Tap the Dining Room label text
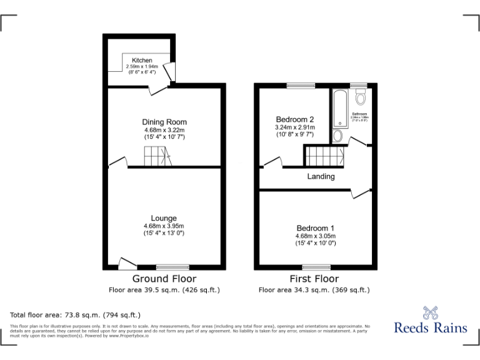pos(164,122)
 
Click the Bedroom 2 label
pos(294,119)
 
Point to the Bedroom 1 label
pos(316,228)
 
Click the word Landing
pos(321,176)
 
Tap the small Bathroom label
pos(359,113)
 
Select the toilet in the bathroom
pos(360,97)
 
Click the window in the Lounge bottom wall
pos(172,267)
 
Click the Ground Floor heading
pos(164,279)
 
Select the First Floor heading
pos(314,279)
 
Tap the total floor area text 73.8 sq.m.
pos(76,315)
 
